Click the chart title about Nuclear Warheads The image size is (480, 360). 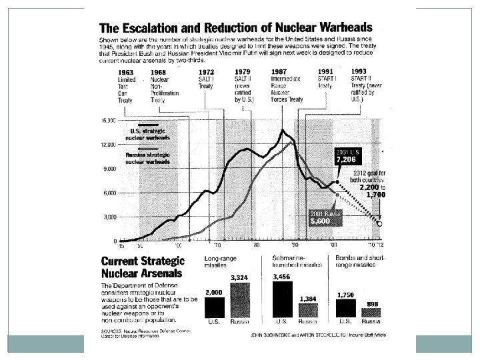(x=236, y=29)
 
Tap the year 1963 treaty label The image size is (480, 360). (x=126, y=73)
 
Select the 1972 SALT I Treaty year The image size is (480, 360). (x=206, y=72)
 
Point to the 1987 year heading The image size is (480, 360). (x=280, y=72)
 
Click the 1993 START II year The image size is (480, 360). (x=358, y=71)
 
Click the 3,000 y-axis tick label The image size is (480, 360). (x=109, y=217)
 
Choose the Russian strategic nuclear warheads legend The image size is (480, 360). (x=147, y=158)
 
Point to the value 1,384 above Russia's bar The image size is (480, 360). (x=308, y=298)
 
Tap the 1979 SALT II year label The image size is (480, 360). (x=243, y=72)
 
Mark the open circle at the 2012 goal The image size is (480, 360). (x=379, y=224)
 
